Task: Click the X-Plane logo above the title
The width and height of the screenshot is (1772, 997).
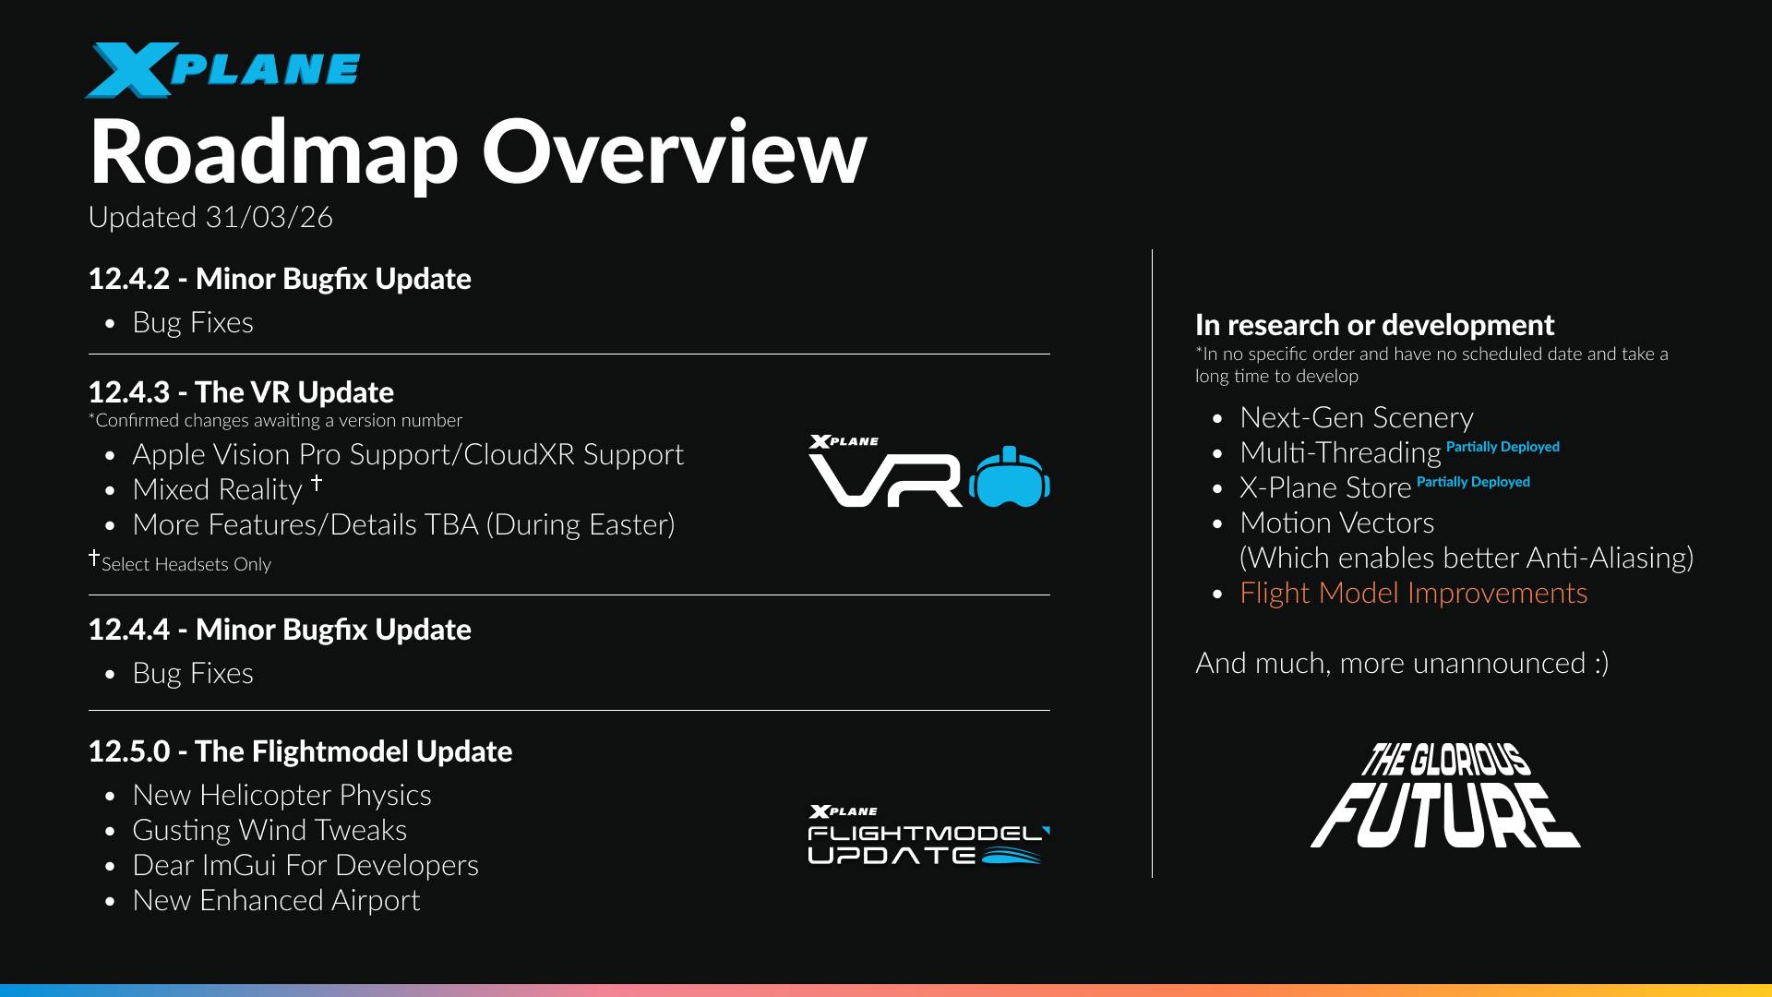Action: click(x=221, y=70)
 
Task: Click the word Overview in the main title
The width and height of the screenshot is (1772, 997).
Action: click(x=674, y=152)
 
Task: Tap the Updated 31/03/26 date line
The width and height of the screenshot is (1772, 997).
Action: click(x=210, y=217)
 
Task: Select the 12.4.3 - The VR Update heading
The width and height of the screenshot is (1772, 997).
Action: click(x=241, y=392)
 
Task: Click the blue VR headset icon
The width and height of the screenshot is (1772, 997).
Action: click(x=1010, y=477)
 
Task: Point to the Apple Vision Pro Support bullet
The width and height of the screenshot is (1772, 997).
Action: click(x=408, y=454)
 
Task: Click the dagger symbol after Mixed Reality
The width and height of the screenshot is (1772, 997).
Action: click(x=317, y=482)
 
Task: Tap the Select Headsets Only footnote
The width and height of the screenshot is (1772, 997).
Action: click(x=185, y=564)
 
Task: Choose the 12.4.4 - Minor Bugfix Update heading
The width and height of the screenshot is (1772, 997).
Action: click(x=280, y=630)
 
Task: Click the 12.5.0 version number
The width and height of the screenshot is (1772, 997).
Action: click(x=128, y=751)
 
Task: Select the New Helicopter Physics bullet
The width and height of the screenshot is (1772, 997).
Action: click(x=281, y=795)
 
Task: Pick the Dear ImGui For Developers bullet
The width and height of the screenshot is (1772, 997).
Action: click(x=305, y=865)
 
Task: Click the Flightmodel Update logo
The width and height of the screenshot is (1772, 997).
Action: click(x=928, y=836)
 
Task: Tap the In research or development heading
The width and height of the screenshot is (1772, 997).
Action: click(x=1374, y=325)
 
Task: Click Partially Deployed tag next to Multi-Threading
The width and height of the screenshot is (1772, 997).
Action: click(x=1503, y=447)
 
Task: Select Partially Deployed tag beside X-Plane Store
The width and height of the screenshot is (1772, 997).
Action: click(x=1473, y=482)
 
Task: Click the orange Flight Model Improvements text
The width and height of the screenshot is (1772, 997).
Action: click(x=1413, y=593)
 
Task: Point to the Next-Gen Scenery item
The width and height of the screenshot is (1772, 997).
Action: click(x=1356, y=417)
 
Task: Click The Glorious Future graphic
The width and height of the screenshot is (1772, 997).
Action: click(x=1445, y=796)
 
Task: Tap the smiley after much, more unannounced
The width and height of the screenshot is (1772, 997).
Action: click(x=1600, y=663)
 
